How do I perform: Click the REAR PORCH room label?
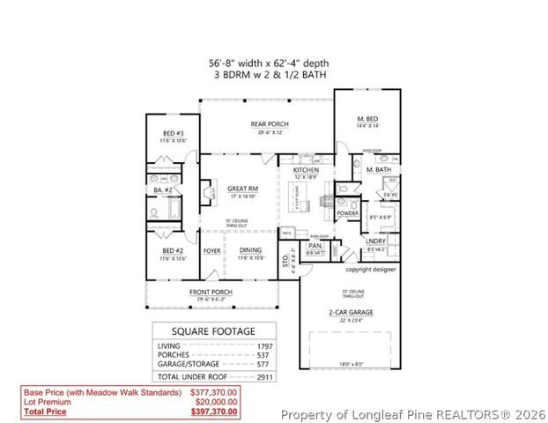[270, 124]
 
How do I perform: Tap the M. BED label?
[367, 118]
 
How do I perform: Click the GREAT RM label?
[241, 189]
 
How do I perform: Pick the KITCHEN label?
[293, 169]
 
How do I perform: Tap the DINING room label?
[250, 250]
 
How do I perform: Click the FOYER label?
[212, 250]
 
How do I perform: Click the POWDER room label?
[347, 213]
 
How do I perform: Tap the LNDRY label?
[377, 241]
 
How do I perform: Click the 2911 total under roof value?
[264, 375]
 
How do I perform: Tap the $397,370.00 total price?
[214, 412]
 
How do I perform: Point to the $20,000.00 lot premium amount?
[216, 401]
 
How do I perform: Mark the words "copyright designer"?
[370, 269]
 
